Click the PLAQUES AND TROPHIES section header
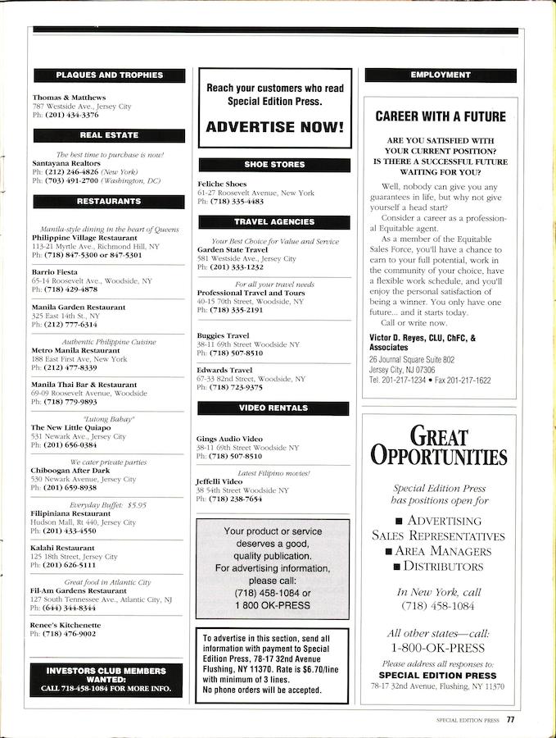[109, 75]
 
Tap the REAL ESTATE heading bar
[109, 135]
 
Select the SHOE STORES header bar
[273, 165]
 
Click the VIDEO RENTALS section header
[273, 408]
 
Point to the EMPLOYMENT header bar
[441, 75]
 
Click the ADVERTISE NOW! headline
[273, 127]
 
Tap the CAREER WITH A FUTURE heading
[441, 116]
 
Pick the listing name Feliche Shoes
[222, 184]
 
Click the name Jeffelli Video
[219, 481]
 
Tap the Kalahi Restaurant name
[63, 548]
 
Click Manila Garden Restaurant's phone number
[69, 325]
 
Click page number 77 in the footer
[509, 720]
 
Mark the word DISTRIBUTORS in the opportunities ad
[443, 567]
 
